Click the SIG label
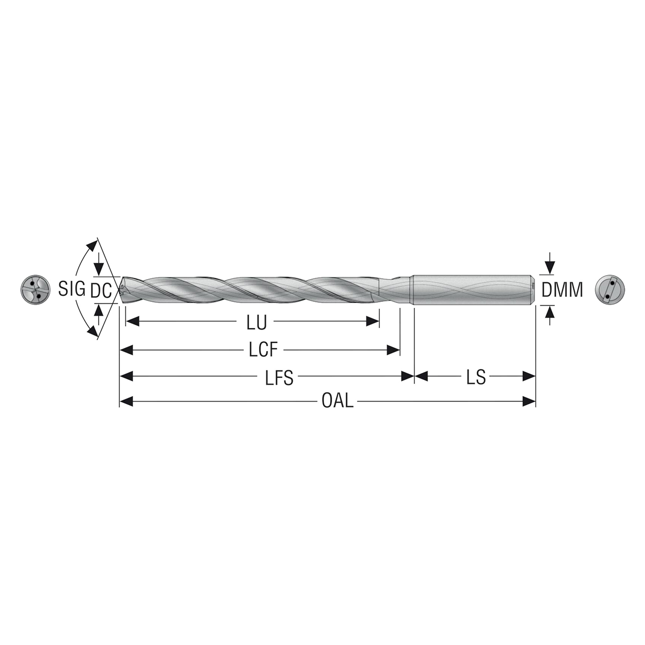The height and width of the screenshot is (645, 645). (71, 289)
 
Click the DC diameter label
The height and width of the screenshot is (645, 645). (101, 290)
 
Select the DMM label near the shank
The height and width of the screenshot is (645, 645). (562, 290)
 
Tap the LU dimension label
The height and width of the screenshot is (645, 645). (256, 323)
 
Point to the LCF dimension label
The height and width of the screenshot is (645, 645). (264, 350)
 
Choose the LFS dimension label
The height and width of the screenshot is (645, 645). (279, 377)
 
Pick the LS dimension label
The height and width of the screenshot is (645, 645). (476, 377)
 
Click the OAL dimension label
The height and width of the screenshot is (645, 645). (337, 402)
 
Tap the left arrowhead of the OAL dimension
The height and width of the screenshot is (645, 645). (126, 402)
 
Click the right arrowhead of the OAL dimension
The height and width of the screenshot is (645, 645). (529, 402)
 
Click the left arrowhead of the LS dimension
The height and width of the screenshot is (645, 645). (421, 376)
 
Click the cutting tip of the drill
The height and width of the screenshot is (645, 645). (121, 290)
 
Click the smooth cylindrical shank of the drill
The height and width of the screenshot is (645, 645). (473, 290)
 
